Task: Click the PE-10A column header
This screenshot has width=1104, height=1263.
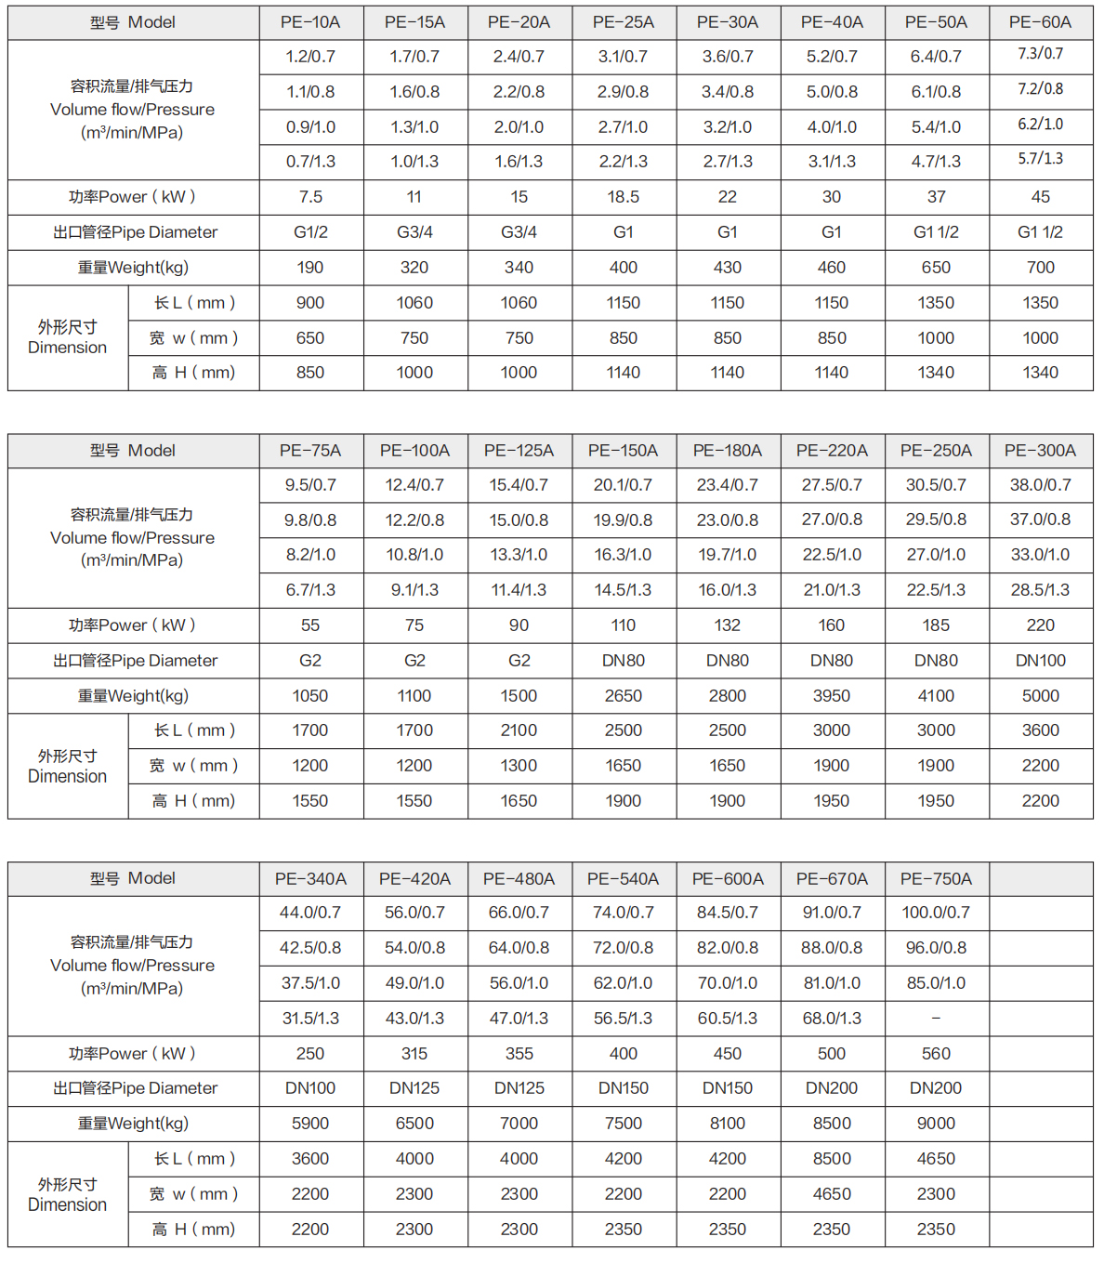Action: [x=310, y=22]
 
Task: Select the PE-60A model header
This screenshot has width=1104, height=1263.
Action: [x=1040, y=22]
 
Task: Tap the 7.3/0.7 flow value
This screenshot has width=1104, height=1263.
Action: [x=1040, y=54]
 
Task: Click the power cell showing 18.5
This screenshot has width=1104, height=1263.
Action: [x=623, y=197]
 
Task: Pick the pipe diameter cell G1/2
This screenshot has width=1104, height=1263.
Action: [x=310, y=232]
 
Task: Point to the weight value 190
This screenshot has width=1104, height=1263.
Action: [x=310, y=268]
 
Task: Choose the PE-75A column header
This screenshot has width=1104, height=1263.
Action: [x=310, y=451]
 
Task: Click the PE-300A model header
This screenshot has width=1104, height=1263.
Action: [x=1040, y=451]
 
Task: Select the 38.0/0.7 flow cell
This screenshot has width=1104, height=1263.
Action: [x=1040, y=485]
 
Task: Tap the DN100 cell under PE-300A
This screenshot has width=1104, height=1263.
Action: [x=1040, y=661]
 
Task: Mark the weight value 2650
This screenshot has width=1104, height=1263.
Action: [x=623, y=696]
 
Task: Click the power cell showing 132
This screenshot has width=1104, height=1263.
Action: [x=727, y=625]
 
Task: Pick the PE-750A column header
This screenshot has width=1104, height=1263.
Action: [x=936, y=879]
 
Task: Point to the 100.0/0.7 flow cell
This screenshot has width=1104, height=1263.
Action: [x=936, y=913]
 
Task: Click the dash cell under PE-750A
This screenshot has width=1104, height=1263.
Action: [x=936, y=1019]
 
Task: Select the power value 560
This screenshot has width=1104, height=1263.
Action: [x=936, y=1054]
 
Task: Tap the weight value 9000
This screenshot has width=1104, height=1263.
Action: [x=936, y=1124]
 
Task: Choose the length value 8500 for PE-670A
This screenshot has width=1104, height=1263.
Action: [x=832, y=1159]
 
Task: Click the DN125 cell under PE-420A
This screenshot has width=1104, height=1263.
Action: [x=414, y=1088]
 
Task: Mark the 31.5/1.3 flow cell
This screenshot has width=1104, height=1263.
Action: [x=310, y=1019]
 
